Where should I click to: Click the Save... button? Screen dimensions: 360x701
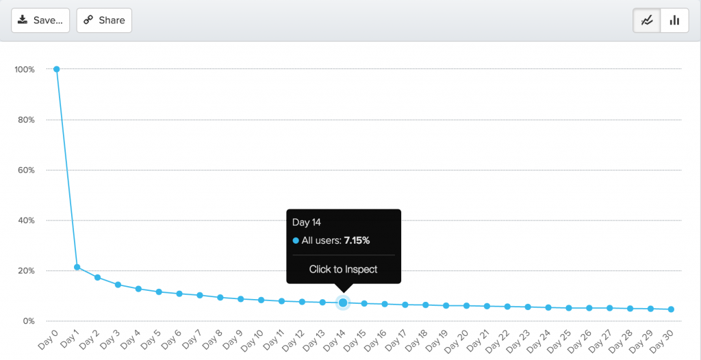[40, 21]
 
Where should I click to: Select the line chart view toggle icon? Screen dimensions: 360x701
[647, 21]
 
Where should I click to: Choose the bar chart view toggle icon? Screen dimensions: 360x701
[674, 21]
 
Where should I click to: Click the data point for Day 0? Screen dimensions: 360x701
[57, 69]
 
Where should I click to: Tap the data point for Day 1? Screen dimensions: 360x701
[77, 267]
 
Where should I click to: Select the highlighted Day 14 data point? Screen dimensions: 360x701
[343, 303]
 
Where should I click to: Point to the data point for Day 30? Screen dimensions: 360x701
[671, 309]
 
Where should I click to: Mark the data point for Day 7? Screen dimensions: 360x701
[200, 295]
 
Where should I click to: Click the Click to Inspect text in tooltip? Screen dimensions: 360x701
[343, 269]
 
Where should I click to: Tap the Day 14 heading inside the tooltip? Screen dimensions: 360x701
[306, 222]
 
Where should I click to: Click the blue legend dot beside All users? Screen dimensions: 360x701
[296, 241]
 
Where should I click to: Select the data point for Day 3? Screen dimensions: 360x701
[118, 285]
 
